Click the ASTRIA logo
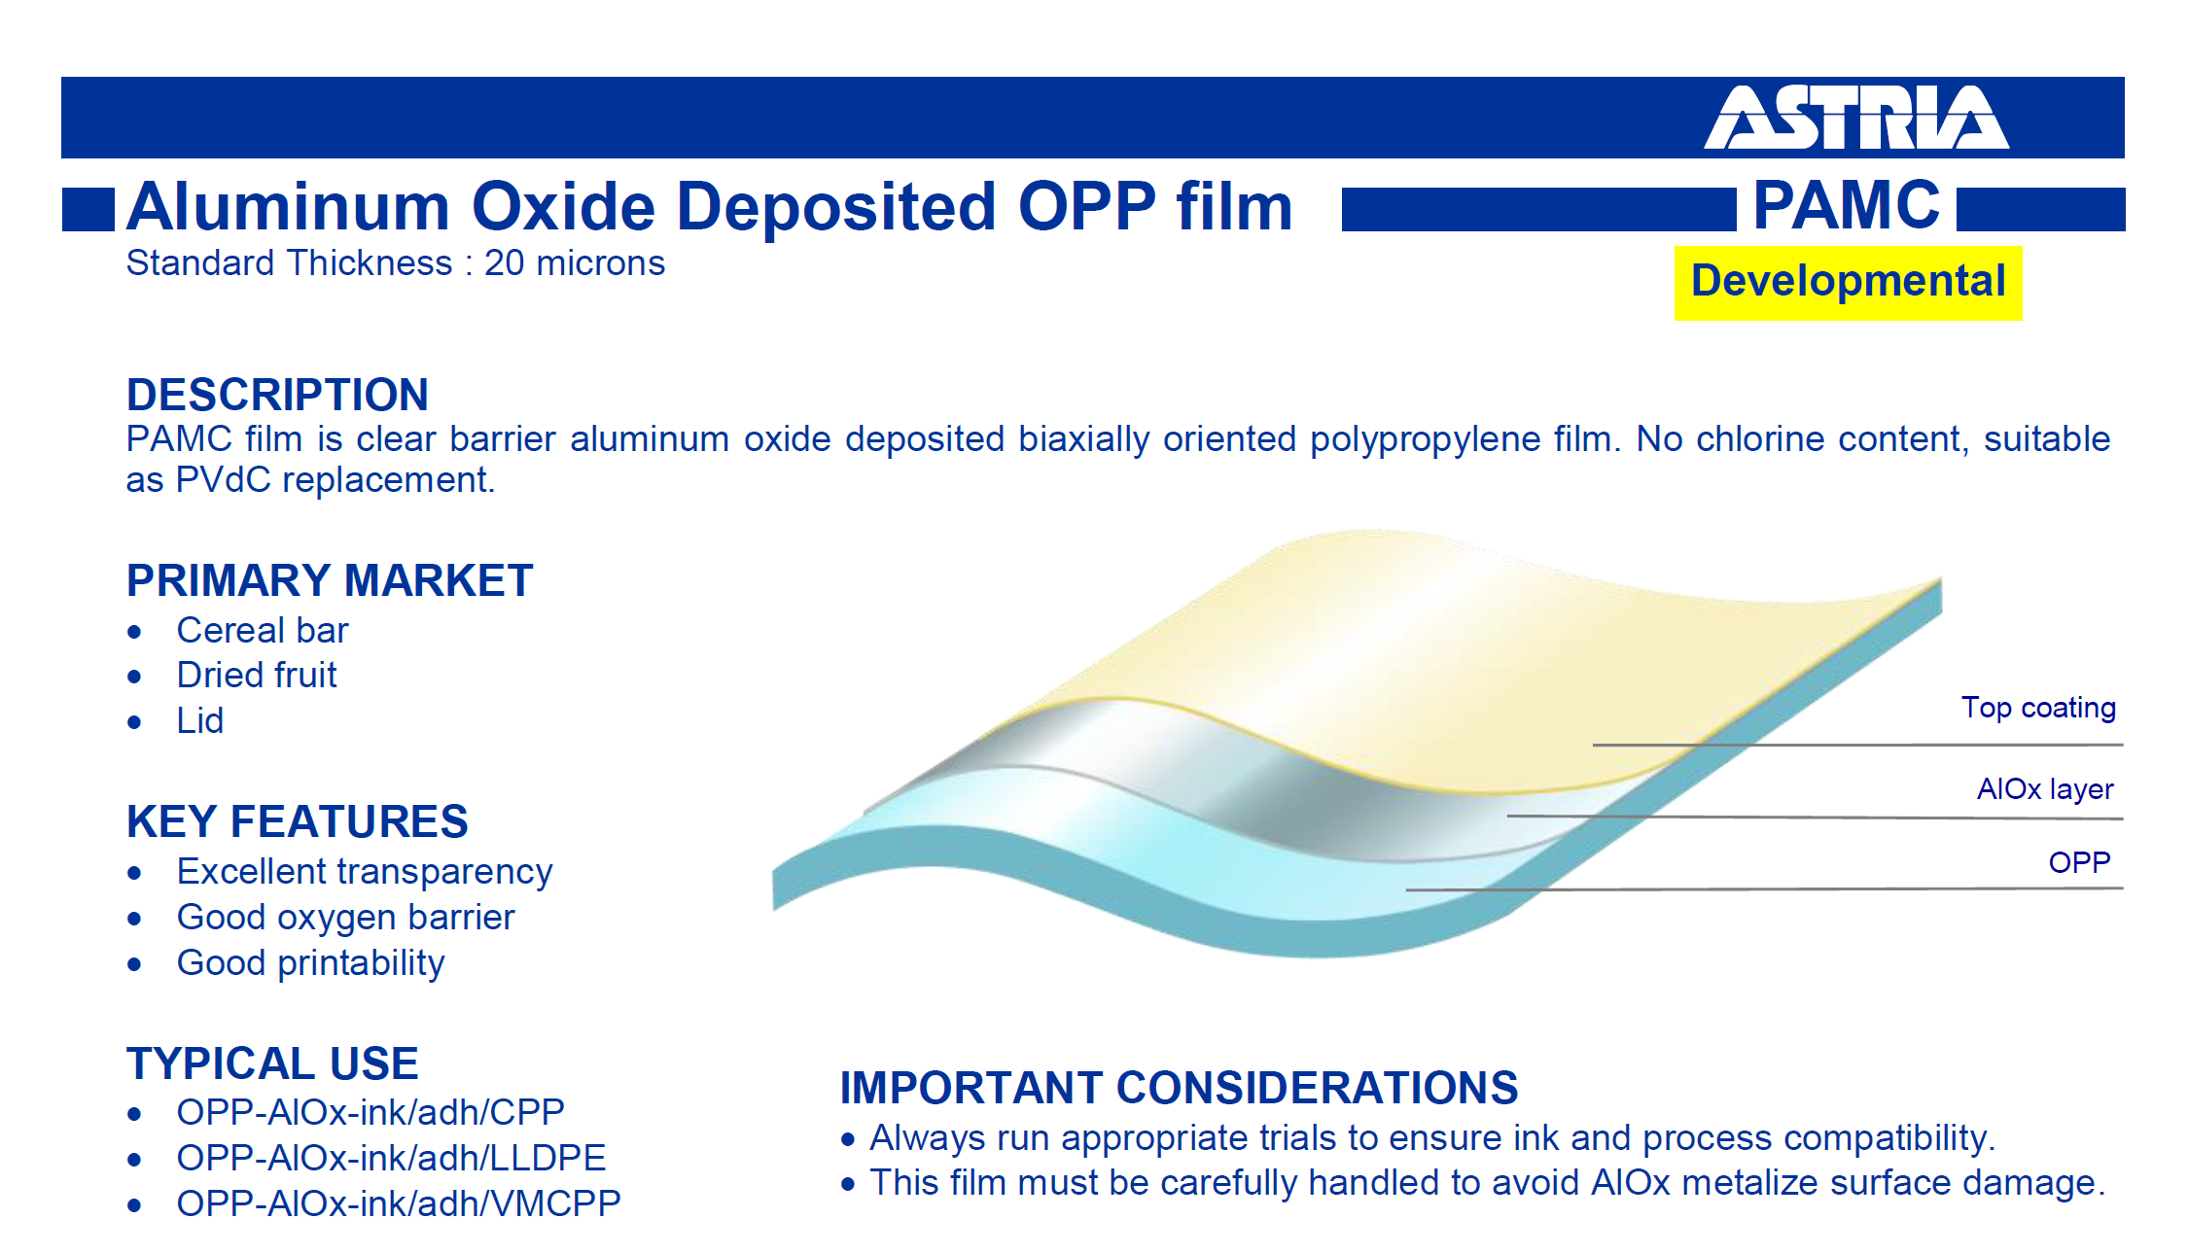(x=1856, y=118)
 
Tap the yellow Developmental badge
(x=1848, y=283)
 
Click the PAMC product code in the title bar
(x=1846, y=205)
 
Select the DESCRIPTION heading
(x=277, y=395)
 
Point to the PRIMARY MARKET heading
(x=330, y=580)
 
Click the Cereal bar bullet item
(x=263, y=630)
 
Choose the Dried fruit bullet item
(x=257, y=675)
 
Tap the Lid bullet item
(x=200, y=720)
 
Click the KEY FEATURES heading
(x=298, y=821)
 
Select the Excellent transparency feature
(x=365, y=872)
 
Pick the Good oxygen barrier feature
(x=345, y=918)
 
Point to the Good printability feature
(x=310, y=963)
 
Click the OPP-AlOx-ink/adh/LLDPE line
(x=391, y=1158)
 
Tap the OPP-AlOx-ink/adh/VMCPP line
(x=399, y=1203)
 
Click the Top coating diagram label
(x=2038, y=708)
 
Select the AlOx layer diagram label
(x=2045, y=788)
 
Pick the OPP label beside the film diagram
(x=2079, y=862)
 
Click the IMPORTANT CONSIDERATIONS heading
(x=1179, y=1088)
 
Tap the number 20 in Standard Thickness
(x=505, y=263)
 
